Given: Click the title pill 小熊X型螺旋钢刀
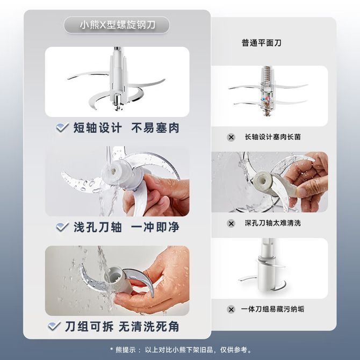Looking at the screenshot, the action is tap(117, 25).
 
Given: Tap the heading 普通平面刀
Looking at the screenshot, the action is tap(262, 43).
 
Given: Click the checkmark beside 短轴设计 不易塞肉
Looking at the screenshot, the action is tap(62, 127).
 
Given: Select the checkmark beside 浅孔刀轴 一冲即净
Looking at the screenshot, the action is tap(62, 227).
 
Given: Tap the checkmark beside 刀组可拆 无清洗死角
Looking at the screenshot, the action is tap(54, 326).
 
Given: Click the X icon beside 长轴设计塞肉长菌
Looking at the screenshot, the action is tap(231, 138).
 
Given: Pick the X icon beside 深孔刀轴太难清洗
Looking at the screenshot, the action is tap(231, 224).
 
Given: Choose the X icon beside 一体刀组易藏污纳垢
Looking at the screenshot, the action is tap(231, 309).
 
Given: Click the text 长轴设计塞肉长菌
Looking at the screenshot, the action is tap(273, 137).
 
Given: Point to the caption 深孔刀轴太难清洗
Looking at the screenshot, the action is tap(273, 223).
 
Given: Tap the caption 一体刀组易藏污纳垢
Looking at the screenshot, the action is tap(272, 309).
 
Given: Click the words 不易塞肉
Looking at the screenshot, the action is tap(155, 128).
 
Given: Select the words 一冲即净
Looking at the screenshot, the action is tap(155, 227).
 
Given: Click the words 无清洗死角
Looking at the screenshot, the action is tap(149, 327).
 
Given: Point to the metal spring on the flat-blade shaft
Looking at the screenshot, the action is tap(267, 74).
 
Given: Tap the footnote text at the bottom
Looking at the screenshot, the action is tap(181, 350).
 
